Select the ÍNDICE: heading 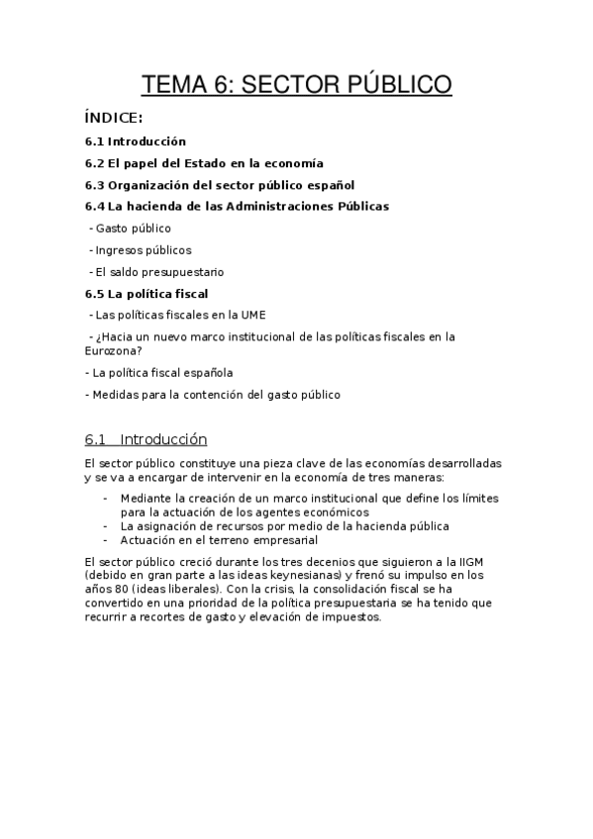(115, 120)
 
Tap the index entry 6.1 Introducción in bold (135, 141)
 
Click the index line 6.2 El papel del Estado (203, 163)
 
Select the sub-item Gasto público (132, 229)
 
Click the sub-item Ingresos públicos (143, 250)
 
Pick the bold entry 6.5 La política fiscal (147, 294)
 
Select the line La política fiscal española (161, 373)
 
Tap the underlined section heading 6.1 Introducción (146, 439)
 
